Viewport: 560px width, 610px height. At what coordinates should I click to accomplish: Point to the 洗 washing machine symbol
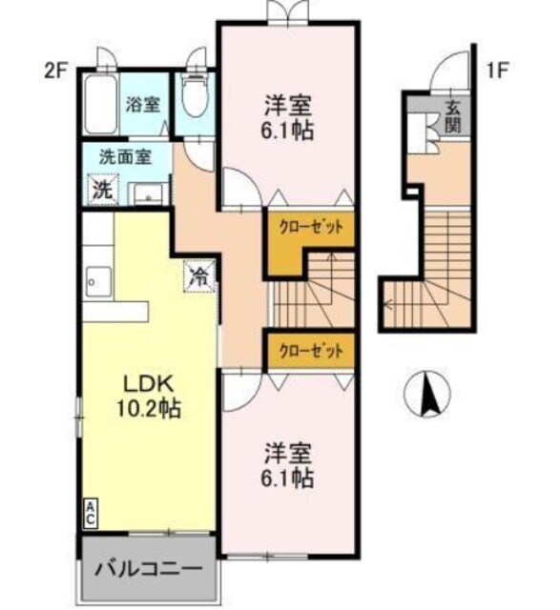coord(101,189)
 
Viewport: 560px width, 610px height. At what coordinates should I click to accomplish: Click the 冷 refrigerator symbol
coord(198,277)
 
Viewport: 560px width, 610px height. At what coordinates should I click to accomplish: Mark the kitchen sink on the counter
coord(95,281)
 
